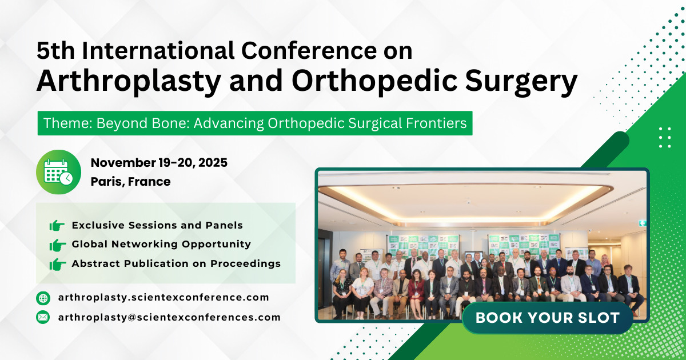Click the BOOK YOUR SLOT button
[x=547, y=318]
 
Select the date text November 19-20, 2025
[x=159, y=163]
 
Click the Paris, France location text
[x=130, y=182]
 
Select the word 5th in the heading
[x=55, y=51]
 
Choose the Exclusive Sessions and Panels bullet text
[x=157, y=225]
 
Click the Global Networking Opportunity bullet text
[x=161, y=244]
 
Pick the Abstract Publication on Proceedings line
[x=176, y=263]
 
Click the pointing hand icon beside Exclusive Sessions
[x=57, y=226]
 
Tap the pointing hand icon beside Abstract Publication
[x=57, y=264]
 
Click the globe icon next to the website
[x=43, y=298]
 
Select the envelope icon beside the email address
[x=43, y=317]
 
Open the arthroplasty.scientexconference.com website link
[x=163, y=297]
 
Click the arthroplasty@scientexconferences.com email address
[x=169, y=317]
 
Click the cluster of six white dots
[x=665, y=137]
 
